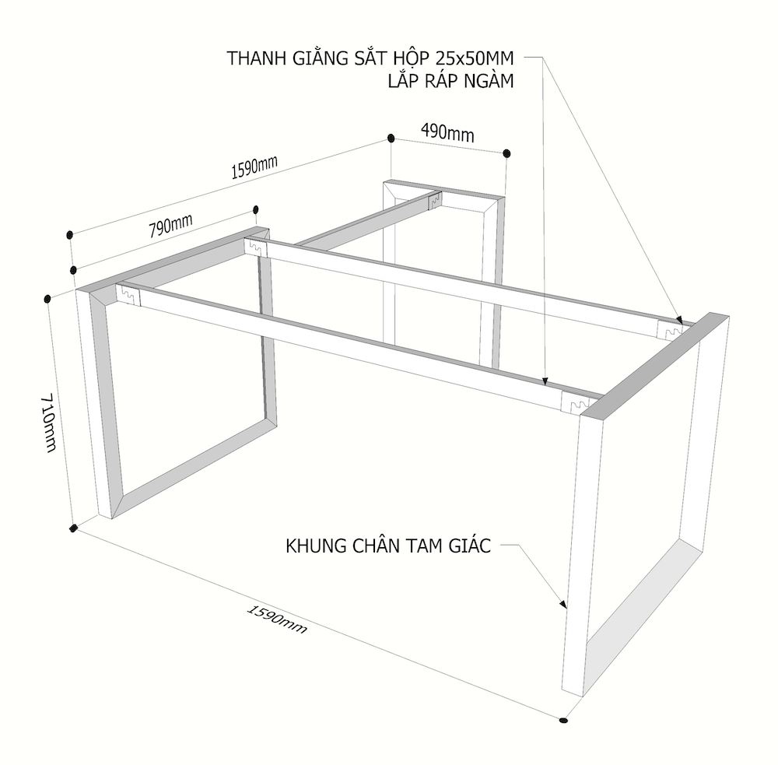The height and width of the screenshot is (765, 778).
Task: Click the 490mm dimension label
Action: (x=447, y=132)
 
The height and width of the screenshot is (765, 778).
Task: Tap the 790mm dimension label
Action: (x=170, y=226)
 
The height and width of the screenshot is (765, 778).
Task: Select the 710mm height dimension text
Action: (x=48, y=423)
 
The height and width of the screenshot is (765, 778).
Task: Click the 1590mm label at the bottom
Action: (x=277, y=619)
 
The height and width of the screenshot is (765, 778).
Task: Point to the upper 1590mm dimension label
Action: (x=254, y=167)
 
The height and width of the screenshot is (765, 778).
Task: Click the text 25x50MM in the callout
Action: (x=475, y=58)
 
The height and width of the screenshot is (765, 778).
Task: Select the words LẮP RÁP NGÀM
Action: (x=451, y=80)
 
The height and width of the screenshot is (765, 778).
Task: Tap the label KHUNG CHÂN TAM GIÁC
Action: (x=388, y=546)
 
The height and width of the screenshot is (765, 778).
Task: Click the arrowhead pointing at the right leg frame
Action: (x=562, y=604)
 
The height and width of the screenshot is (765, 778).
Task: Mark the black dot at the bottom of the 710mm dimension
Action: (x=74, y=528)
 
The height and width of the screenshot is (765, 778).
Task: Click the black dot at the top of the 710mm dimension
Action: (x=47, y=298)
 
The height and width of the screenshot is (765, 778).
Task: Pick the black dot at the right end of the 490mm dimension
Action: (x=506, y=153)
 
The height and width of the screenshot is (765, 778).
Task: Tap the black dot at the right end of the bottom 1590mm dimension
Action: (x=562, y=719)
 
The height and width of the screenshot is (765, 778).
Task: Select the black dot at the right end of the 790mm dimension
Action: (x=256, y=209)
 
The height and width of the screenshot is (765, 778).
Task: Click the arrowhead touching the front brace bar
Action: (x=545, y=381)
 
